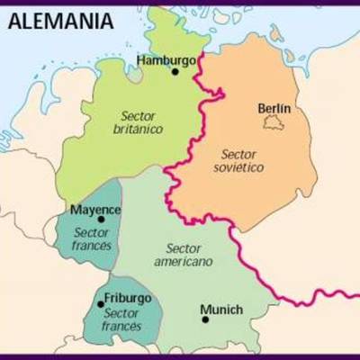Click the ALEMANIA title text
[62, 20]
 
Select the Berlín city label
[274, 109]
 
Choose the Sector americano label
[184, 255]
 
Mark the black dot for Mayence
[101, 219]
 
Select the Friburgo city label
[128, 298]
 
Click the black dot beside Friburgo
[100, 304]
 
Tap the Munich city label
[221, 310]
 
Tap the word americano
[183, 262]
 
